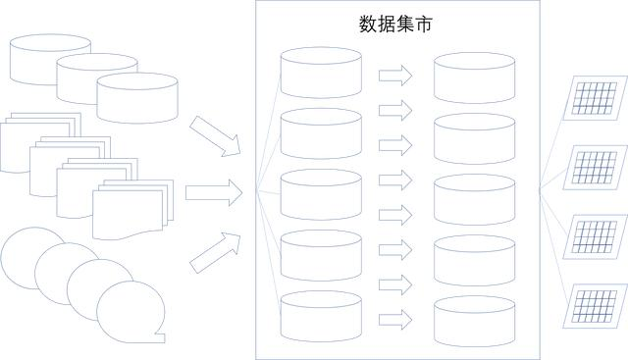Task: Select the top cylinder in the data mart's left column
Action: coord(321,71)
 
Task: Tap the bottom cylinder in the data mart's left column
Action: coord(321,316)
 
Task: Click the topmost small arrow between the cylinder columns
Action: coord(394,75)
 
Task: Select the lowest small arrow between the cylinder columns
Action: coord(394,318)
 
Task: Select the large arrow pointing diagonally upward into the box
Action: coord(215,251)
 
